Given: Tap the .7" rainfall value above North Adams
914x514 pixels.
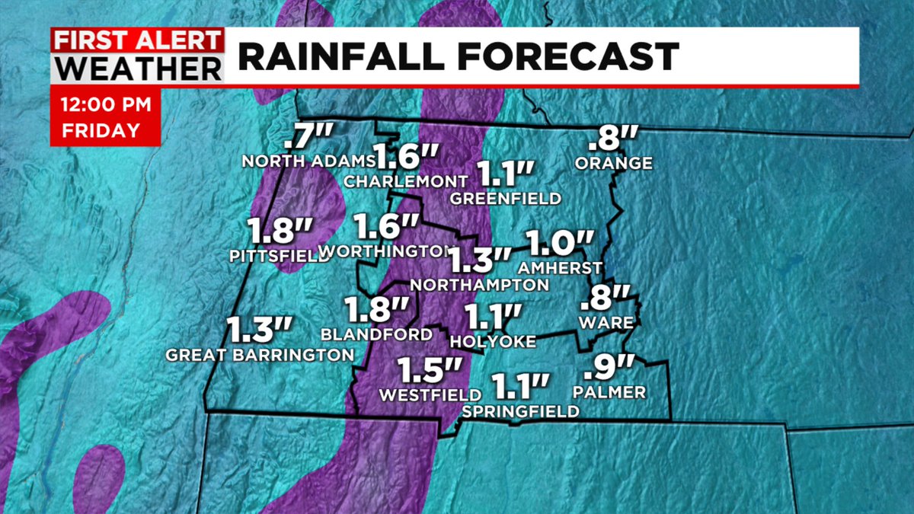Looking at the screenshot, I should pos(308,139).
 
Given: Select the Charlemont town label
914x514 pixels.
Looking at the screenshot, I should pos(404,181).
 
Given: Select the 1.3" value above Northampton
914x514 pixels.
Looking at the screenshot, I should pos(479,260).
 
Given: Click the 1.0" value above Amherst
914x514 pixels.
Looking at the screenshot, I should pos(559,244).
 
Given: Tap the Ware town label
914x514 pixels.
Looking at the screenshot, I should pos(606,323).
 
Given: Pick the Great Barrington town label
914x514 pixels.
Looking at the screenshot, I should pos(260,354).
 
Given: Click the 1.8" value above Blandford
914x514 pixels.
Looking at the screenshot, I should pos(376,310).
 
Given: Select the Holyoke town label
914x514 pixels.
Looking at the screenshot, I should pos(493,342).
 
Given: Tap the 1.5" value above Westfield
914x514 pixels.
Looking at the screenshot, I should pos(430,372).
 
